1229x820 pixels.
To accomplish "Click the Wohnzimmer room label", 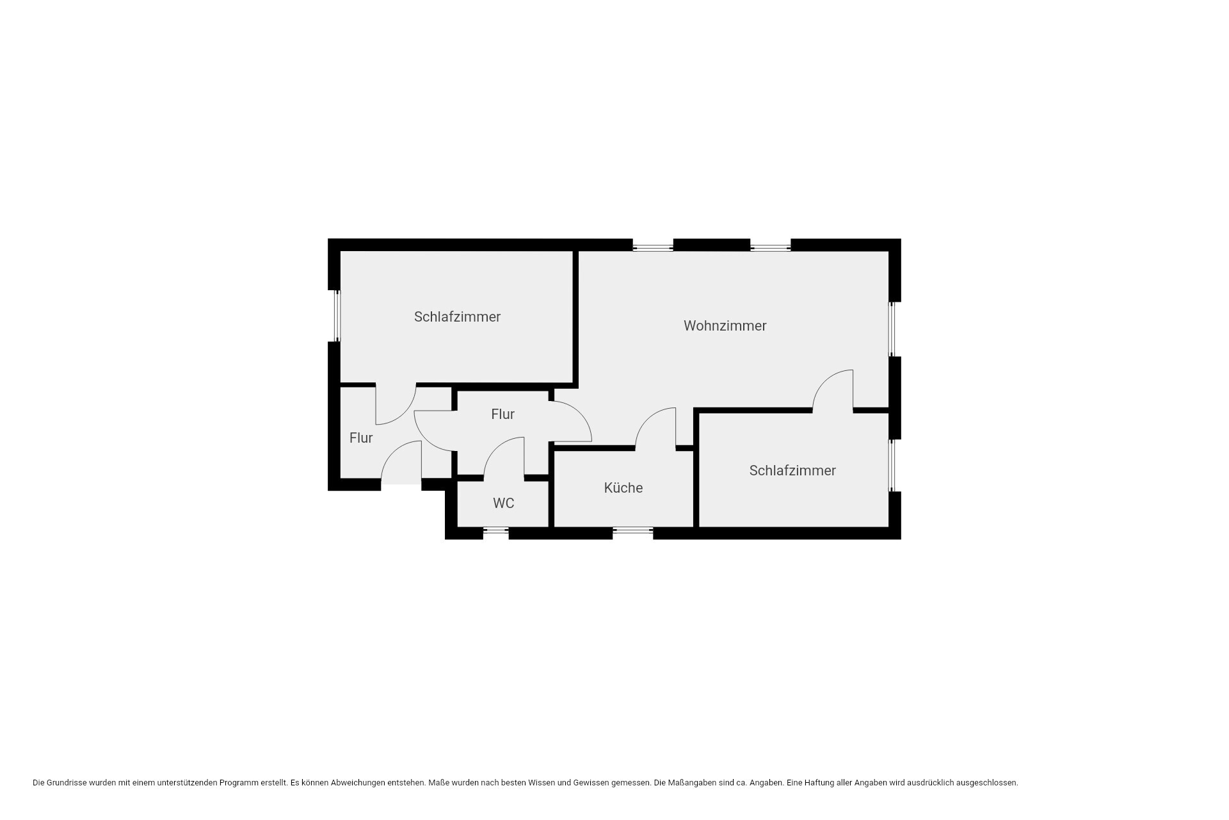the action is [725, 325].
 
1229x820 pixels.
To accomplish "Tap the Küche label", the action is [623, 488].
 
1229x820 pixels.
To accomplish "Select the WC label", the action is [504, 503].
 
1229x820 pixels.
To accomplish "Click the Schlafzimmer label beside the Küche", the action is [792, 471].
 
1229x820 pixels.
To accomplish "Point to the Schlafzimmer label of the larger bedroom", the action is [457, 316].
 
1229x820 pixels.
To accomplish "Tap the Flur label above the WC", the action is [502, 414].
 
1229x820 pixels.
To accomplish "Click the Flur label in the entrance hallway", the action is [361, 438].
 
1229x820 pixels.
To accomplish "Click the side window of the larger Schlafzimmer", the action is [337, 316].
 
